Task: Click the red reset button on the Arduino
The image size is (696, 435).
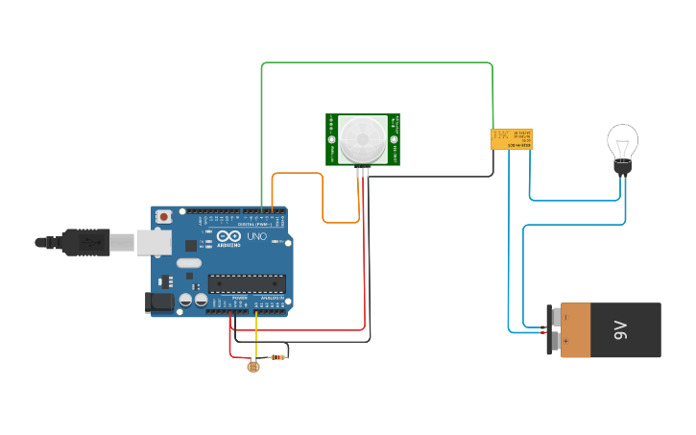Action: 164,217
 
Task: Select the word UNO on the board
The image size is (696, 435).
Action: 257,237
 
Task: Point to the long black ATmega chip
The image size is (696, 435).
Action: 247,282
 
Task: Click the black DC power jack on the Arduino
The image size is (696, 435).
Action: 159,302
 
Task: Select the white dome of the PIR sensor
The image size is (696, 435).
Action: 363,139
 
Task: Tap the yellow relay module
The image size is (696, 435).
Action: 512,138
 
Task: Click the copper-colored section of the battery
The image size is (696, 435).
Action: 576,330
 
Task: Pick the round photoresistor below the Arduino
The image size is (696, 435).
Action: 253,366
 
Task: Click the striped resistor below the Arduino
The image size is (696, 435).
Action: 278,358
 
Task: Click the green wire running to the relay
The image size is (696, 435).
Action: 374,63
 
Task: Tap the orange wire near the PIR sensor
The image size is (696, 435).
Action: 298,174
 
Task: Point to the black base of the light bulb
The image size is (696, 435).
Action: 622,168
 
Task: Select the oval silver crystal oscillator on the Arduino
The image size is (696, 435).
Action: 189,263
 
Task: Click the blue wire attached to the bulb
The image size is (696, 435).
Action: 576,201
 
